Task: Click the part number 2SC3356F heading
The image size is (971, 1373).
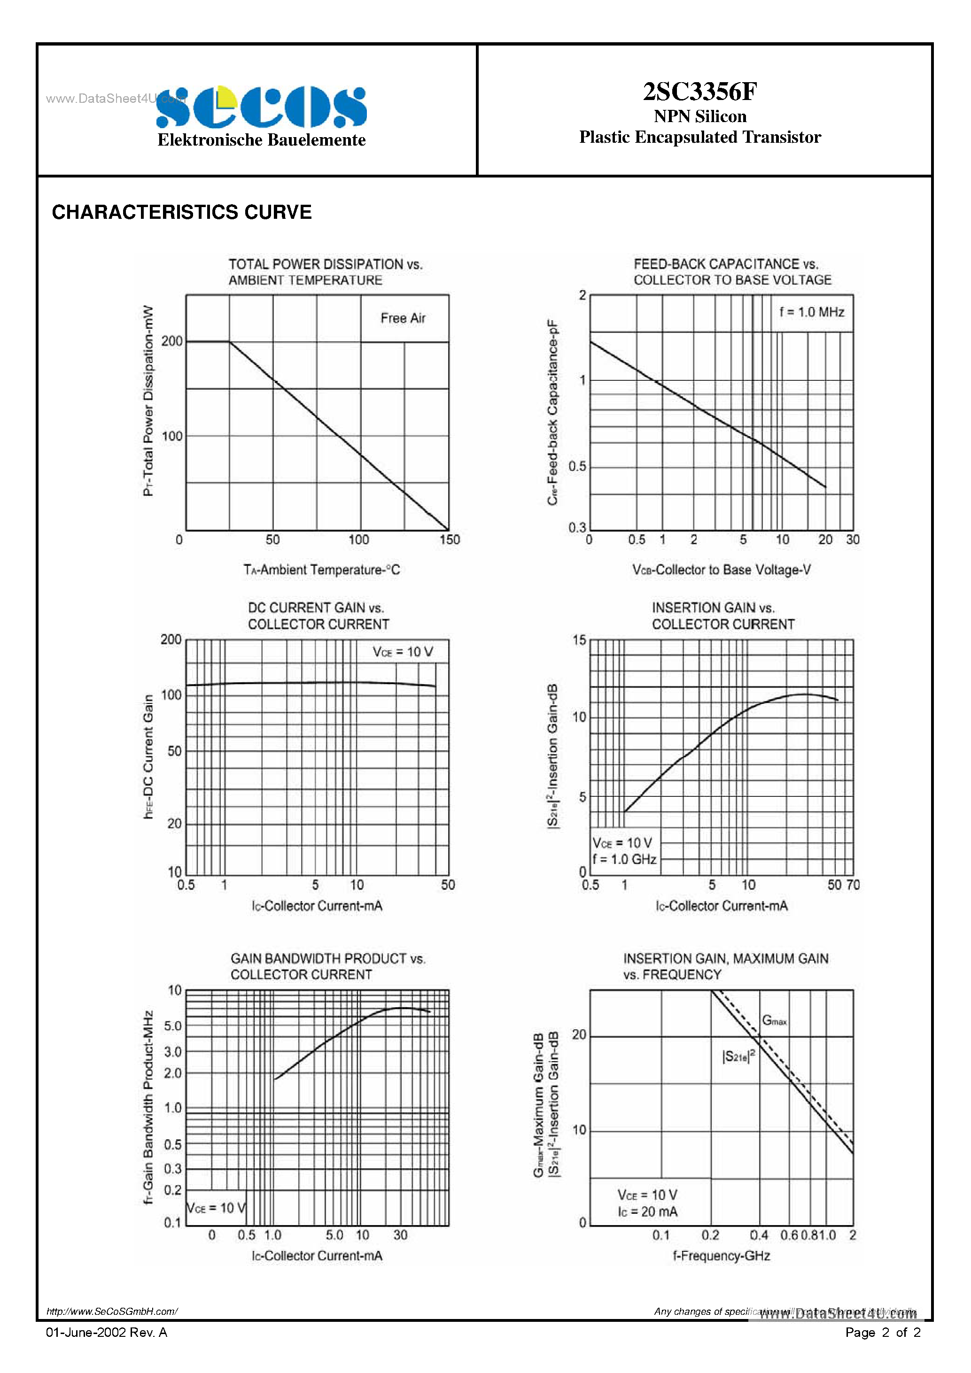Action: tap(699, 92)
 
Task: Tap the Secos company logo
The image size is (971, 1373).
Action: tap(262, 108)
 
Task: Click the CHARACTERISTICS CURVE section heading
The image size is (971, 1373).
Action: tap(182, 212)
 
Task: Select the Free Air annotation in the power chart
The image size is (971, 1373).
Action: tap(403, 318)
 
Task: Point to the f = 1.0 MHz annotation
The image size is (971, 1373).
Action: tap(811, 312)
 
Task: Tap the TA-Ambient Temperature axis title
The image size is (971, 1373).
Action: tap(321, 570)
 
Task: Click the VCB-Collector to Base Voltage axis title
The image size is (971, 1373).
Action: tap(722, 570)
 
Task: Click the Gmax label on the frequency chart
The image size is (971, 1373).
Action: tap(774, 1020)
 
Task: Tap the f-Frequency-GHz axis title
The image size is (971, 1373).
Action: tap(721, 1256)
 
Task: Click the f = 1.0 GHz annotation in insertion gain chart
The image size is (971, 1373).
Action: tap(624, 859)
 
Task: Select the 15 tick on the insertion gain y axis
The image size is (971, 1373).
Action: tap(579, 640)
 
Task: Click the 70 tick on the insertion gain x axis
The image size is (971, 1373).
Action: tap(853, 885)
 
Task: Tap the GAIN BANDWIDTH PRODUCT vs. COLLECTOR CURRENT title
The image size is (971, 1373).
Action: tap(328, 966)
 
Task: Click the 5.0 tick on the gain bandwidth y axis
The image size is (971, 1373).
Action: tap(172, 1026)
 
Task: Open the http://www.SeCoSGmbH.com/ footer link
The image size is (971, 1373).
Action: tap(112, 1311)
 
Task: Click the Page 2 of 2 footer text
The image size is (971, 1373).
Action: tap(883, 1332)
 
